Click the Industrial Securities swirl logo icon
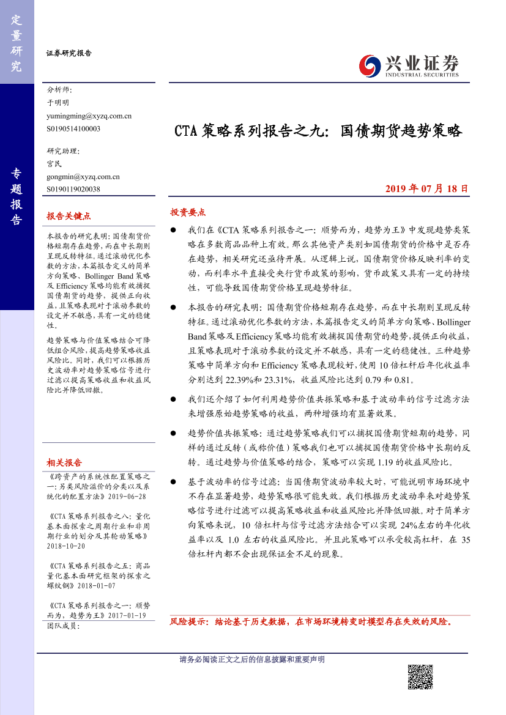(369, 64)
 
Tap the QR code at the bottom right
(420, 677)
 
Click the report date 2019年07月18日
(427, 189)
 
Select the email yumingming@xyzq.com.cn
(89, 116)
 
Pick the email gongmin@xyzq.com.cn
(83, 177)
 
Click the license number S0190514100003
(73, 128)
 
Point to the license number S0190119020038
(73, 190)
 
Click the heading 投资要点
(188, 212)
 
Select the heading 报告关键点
(69, 216)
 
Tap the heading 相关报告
(64, 462)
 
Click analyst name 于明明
(58, 103)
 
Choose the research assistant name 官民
(54, 164)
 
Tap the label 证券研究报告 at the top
(69, 53)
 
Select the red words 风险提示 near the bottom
(188, 621)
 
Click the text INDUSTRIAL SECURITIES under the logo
(422, 74)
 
